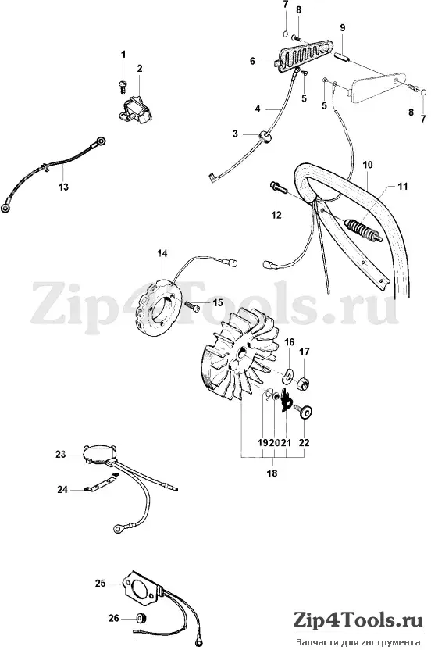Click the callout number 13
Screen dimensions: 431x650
coord(63,187)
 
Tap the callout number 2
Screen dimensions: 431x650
coord(140,69)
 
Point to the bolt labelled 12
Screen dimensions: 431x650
coord(280,187)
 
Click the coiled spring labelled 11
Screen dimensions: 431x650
coord(362,231)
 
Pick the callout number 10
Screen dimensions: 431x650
coord(368,165)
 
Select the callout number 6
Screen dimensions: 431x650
coord(252,62)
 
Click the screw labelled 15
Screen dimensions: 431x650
coord(191,305)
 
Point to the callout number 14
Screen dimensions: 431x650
coord(162,253)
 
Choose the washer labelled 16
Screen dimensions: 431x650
coord(288,373)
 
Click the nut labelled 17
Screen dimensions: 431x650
coord(305,383)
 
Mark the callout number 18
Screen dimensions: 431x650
coord(272,473)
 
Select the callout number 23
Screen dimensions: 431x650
coord(61,455)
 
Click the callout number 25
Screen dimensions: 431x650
coord(100,584)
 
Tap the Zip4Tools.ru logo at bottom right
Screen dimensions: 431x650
coord(358,620)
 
